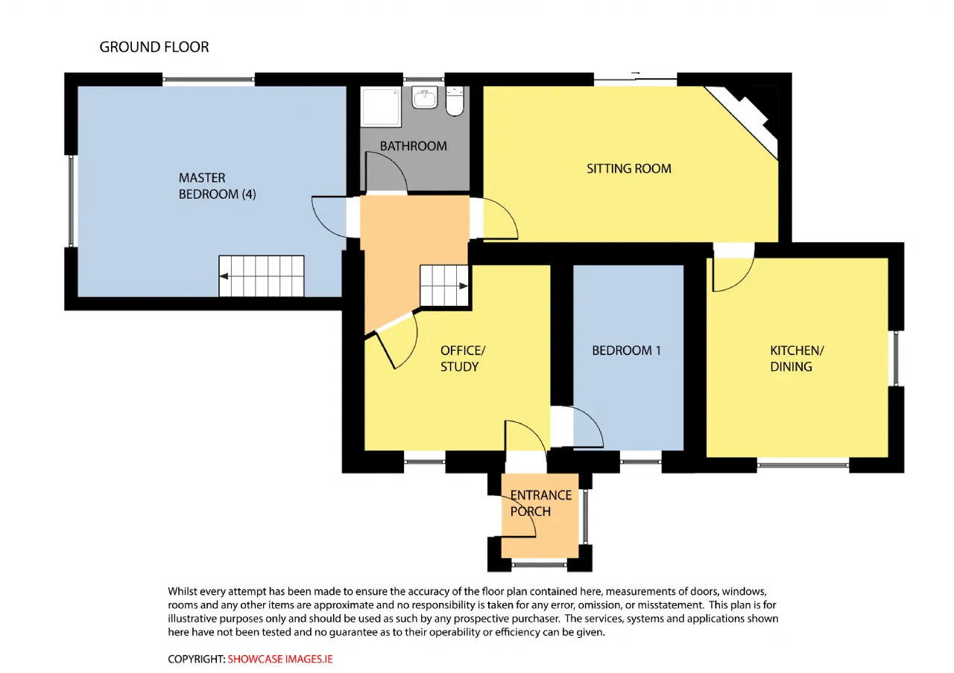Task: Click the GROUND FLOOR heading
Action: pos(154,47)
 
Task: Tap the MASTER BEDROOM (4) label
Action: pos(217,186)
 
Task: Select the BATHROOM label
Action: pos(413,147)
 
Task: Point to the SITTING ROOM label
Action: pos(628,169)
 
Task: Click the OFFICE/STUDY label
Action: pos(463,359)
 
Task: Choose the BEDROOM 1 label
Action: pos(626,351)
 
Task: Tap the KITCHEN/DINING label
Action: pos(797,359)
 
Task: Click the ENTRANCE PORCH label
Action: pos(540,503)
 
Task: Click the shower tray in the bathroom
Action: pos(381,106)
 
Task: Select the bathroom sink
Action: pos(425,98)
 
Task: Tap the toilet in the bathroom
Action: pos(455,101)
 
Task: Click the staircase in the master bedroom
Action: pos(262,276)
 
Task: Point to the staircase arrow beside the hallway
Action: pos(464,287)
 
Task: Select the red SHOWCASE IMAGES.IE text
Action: pos(279,659)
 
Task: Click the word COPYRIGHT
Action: pos(196,659)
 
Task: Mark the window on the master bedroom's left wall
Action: pos(71,201)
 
